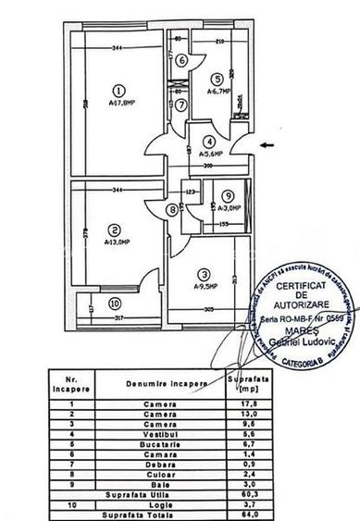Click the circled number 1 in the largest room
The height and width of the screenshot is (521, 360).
coord(118,90)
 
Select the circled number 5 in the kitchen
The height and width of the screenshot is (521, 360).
coord(216,79)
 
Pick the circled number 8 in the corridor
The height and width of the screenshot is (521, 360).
coord(172,210)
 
